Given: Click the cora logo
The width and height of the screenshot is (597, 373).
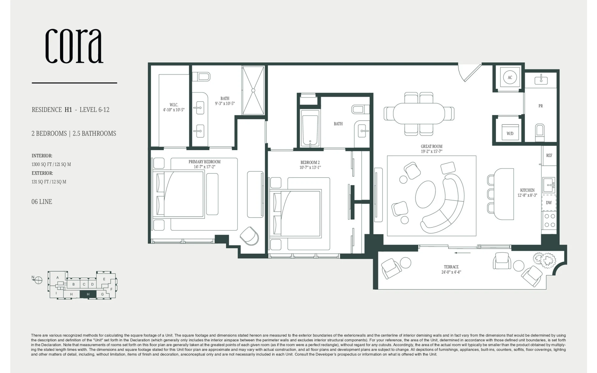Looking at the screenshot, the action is point(74,46).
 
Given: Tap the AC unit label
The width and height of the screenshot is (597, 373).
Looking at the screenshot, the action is point(510,77).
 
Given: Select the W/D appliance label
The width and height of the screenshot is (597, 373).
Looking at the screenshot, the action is point(510,134).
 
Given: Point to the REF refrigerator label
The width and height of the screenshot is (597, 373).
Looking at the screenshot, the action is point(549,155).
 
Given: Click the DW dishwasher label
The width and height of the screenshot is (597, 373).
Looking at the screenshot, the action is point(549,203).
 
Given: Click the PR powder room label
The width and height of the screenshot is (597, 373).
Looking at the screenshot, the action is point(541,106).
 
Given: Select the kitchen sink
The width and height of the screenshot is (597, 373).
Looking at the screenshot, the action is point(549,185).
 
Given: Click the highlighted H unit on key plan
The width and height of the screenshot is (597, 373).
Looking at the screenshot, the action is point(88,294).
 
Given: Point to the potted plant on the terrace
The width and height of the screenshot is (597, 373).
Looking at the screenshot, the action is point(544,260).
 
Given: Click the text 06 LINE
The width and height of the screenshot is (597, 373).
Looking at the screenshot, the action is point(42,202).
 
